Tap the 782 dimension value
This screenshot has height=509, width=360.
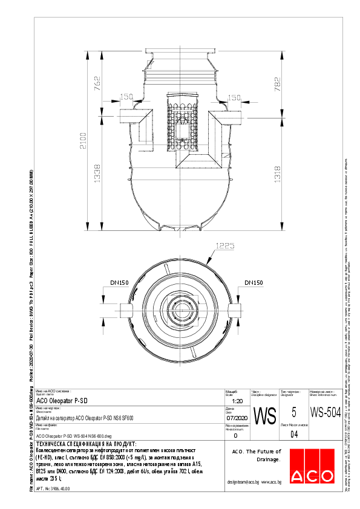coord(277,84)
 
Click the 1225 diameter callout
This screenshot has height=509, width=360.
coord(224,246)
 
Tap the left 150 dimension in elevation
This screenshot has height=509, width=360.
coord(126,97)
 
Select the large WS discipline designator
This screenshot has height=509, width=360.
coord(264,416)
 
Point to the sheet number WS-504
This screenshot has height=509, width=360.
coord(321,413)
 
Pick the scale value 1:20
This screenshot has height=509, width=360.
coord(238,401)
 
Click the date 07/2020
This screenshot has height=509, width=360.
coord(237,418)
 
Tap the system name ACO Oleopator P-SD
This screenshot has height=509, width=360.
coord(62,401)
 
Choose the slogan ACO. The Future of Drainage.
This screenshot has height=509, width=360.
coord(257,455)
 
